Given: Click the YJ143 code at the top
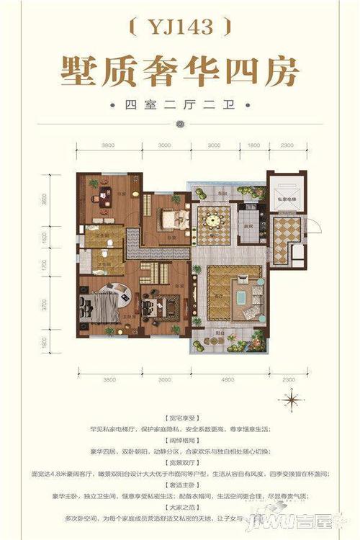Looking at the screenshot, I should point(180,27).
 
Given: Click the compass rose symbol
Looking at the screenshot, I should point(292,398).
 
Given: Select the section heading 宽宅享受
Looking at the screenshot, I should point(180,418).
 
